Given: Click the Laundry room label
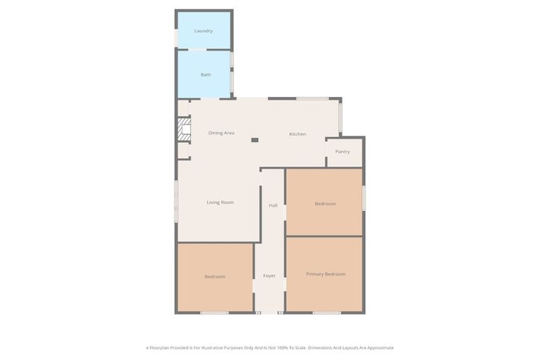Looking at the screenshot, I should click(x=203, y=31).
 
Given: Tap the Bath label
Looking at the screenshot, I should click(x=205, y=75).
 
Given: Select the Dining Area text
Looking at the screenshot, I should click(x=221, y=133).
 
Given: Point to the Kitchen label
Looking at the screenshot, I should click(x=297, y=134).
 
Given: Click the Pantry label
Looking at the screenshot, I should click(x=342, y=152).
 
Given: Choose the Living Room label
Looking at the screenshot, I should click(x=220, y=202).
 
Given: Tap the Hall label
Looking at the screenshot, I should click(x=273, y=205).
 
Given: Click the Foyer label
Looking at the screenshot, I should click(x=269, y=276).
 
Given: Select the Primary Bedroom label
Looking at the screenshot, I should click(x=326, y=274).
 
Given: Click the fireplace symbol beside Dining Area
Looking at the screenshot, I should click(x=183, y=130).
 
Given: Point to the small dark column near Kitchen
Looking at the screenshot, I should click(x=255, y=140).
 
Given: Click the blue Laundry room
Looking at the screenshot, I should click(x=203, y=39).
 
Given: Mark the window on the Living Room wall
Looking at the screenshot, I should click(x=176, y=202).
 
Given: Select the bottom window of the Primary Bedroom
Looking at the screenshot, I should click(x=326, y=312).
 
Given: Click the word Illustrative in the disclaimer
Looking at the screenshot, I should click(x=212, y=347).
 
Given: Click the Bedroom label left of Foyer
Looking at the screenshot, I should click(x=214, y=277).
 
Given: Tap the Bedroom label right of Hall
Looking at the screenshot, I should click(x=325, y=204).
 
